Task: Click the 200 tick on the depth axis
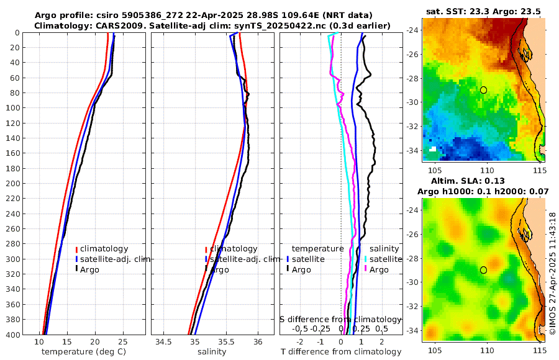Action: click(x=14, y=184)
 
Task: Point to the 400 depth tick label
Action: click(x=14, y=335)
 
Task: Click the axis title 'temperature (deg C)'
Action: click(x=80, y=352)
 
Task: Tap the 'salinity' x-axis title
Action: click(x=212, y=352)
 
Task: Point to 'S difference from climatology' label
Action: click(x=340, y=318)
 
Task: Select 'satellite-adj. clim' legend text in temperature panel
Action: click(x=115, y=259)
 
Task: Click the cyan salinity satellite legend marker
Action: click(x=366, y=259)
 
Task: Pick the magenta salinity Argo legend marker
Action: click(x=366, y=269)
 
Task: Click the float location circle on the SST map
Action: click(x=483, y=90)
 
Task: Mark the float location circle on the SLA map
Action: click(x=483, y=270)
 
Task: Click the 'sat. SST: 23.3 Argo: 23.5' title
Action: click(x=483, y=12)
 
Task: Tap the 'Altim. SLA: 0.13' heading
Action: click(x=483, y=181)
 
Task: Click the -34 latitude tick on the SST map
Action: click(x=414, y=150)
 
